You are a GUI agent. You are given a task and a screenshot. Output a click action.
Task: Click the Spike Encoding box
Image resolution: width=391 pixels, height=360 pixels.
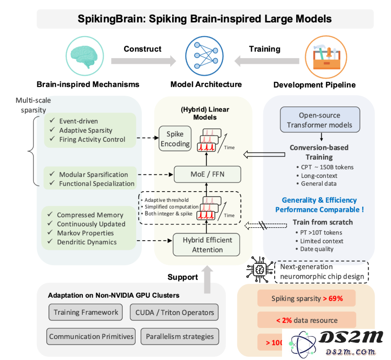[174, 139]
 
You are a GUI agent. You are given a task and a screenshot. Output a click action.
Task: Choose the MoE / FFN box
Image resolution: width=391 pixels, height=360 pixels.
[207, 174]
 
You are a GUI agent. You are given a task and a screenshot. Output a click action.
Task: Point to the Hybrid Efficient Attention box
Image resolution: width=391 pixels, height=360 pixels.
[206, 245]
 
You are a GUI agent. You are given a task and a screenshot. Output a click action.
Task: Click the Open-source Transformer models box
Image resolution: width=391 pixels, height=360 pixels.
[320, 120]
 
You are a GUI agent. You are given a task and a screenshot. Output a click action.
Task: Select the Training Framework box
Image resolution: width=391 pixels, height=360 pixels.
[86, 312]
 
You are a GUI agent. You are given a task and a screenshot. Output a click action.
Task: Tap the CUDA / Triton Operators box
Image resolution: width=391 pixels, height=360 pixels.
[174, 312]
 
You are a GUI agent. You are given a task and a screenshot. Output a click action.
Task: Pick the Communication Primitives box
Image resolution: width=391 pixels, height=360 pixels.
[92, 336]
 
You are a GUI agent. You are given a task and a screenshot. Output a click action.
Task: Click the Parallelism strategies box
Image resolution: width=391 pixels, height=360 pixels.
[179, 336]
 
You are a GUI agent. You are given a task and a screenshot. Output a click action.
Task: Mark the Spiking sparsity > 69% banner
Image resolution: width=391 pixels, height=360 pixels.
[307, 298]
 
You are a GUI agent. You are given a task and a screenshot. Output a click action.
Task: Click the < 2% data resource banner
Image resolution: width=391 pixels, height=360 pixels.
[307, 320]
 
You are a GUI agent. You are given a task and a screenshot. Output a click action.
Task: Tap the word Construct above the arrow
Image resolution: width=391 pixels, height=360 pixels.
[142, 49]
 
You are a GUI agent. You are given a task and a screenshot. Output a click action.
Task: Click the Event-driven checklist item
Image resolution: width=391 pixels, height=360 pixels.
[78, 121]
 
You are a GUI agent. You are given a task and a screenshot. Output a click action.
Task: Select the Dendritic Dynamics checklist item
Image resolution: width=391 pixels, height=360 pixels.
[87, 242]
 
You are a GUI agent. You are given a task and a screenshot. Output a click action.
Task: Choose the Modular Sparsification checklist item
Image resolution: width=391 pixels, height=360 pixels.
[93, 174]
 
